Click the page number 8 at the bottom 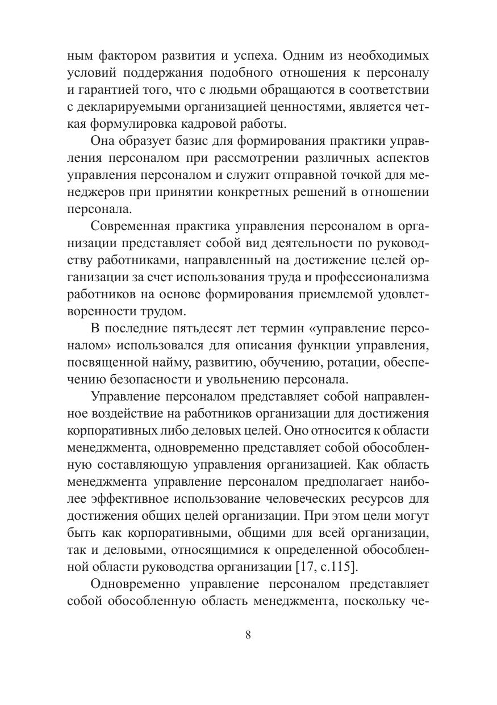click(248, 635)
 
